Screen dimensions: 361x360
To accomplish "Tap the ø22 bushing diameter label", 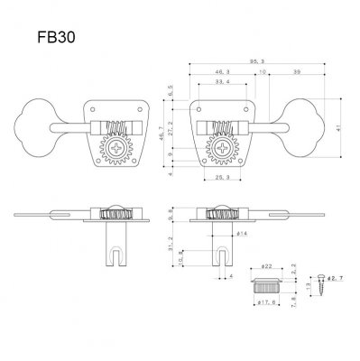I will coord(267,268).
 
